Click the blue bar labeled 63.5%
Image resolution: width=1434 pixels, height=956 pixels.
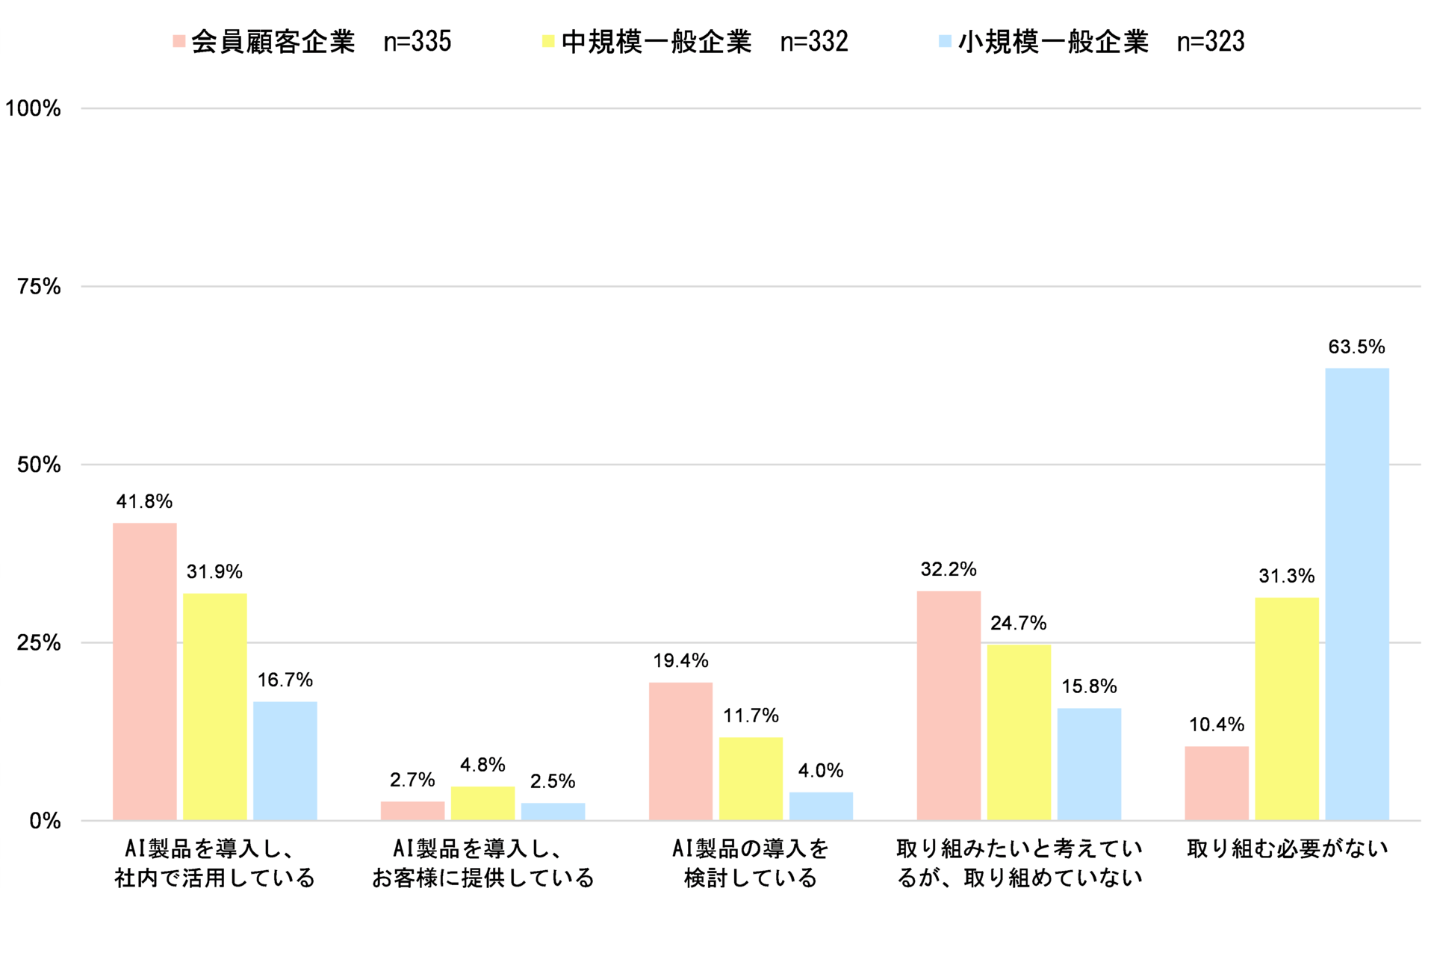[x=1357, y=594]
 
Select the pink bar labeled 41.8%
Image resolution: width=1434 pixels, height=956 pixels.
[x=145, y=671]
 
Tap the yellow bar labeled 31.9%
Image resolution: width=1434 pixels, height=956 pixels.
[x=215, y=707]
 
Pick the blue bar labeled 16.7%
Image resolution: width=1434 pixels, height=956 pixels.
[x=285, y=760]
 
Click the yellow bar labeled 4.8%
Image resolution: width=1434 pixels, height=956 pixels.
[x=482, y=803]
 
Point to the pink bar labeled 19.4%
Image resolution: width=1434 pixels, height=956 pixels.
[x=680, y=751]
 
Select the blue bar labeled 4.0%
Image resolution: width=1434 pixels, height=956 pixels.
[x=821, y=806]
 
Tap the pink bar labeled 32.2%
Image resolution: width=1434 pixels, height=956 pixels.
[x=949, y=705]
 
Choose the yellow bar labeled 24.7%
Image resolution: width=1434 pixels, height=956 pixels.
[x=1019, y=732]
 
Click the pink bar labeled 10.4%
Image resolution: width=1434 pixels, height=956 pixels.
[x=1217, y=783]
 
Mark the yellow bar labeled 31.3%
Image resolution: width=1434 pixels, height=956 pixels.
[x=1287, y=709]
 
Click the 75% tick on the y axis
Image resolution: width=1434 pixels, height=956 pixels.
[x=39, y=287]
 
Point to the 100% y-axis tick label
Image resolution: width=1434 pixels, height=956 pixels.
[x=33, y=108]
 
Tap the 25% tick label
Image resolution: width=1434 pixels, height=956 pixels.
[x=39, y=643]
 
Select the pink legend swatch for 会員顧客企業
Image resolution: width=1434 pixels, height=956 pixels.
[x=179, y=41]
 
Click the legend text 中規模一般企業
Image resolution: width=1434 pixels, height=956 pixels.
[x=657, y=42]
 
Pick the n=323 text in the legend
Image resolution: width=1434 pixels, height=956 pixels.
[x=1211, y=42]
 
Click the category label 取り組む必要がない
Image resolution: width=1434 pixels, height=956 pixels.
[x=1287, y=848]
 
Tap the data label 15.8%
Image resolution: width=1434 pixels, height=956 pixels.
[x=1089, y=686]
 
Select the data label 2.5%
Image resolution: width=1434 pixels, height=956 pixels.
[x=553, y=781]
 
